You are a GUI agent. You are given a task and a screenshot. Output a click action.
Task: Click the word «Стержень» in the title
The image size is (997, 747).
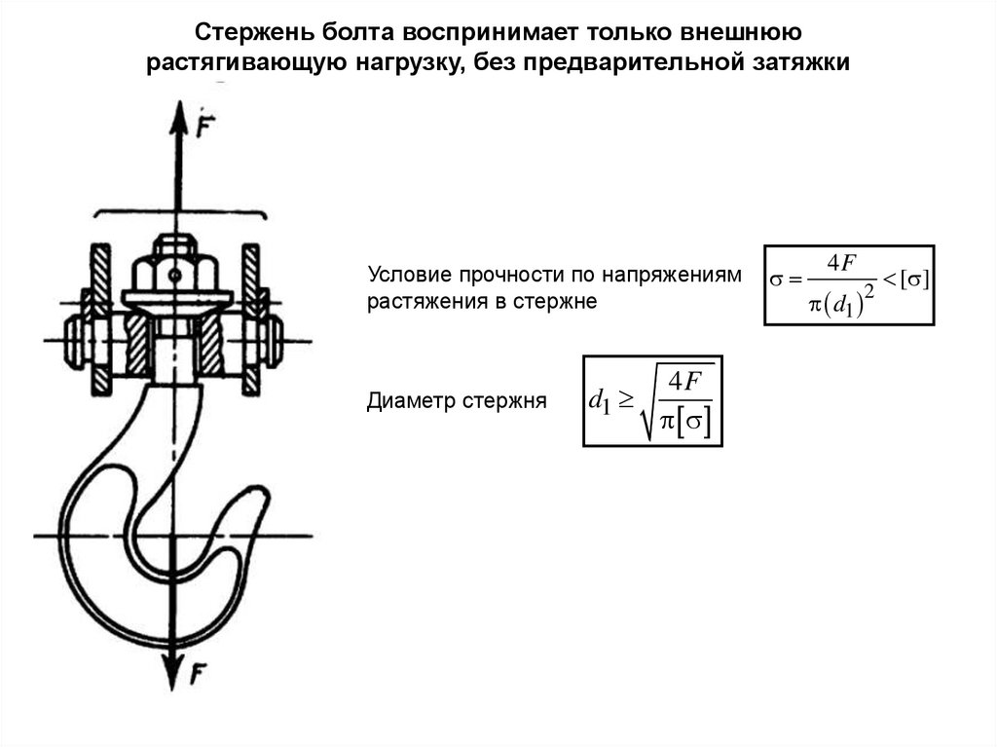click(245, 32)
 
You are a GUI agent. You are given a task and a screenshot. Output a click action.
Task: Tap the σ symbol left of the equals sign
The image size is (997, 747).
click(777, 281)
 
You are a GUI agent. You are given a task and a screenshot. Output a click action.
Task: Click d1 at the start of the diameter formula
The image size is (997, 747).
click(602, 401)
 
